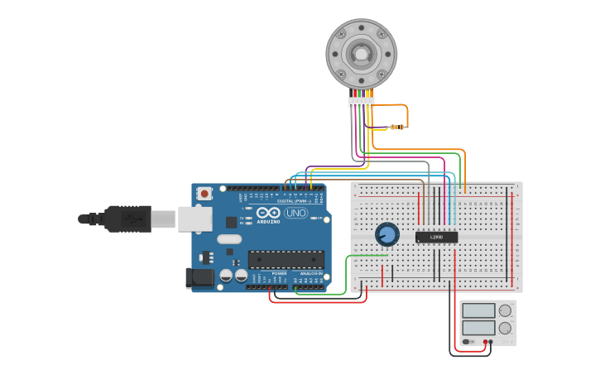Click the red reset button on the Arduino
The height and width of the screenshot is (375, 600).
click(x=204, y=194)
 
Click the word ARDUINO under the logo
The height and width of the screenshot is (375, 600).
click(x=268, y=222)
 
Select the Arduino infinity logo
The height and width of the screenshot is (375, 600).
click(x=268, y=213)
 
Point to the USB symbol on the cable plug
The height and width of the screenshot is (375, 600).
click(x=132, y=219)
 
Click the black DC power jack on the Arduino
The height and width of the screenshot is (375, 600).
click(x=199, y=277)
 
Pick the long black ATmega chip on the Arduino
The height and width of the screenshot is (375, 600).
click(x=286, y=259)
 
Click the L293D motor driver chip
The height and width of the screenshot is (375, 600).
click(x=436, y=237)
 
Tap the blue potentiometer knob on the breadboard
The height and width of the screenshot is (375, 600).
click(x=386, y=234)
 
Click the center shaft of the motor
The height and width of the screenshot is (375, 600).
click(x=362, y=54)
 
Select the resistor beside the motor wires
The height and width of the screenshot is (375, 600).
click(x=393, y=127)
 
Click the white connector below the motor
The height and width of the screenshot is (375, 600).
click(x=362, y=102)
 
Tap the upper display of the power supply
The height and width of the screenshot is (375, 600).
click(x=478, y=310)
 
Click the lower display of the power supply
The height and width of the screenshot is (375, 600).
click(x=478, y=327)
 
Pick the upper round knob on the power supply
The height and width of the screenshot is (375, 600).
click(x=505, y=310)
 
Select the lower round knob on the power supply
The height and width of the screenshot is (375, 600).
click(x=505, y=328)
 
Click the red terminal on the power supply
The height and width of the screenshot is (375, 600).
click(x=486, y=342)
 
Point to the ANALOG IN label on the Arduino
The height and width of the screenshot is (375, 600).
click(x=310, y=273)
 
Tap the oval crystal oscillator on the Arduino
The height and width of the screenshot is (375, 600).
click(x=229, y=239)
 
